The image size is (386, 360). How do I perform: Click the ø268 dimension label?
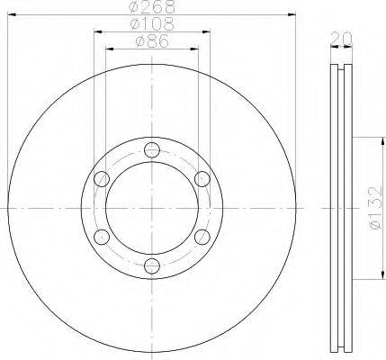click(x=152, y=6)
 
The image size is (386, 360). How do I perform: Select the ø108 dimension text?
click(x=152, y=24)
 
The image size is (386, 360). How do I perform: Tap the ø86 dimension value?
click(x=152, y=41)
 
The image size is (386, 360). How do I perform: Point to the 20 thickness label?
click(x=341, y=39)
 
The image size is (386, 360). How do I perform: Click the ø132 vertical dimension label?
click(x=375, y=208)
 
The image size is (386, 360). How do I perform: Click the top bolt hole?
click(x=152, y=150)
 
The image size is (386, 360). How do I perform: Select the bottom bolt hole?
click(x=152, y=265)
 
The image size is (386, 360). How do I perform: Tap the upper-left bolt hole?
click(x=102, y=179)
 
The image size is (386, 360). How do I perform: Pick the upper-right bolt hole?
click(x=202, y=179)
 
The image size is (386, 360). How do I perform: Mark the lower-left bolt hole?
click(x=102, y=237)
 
